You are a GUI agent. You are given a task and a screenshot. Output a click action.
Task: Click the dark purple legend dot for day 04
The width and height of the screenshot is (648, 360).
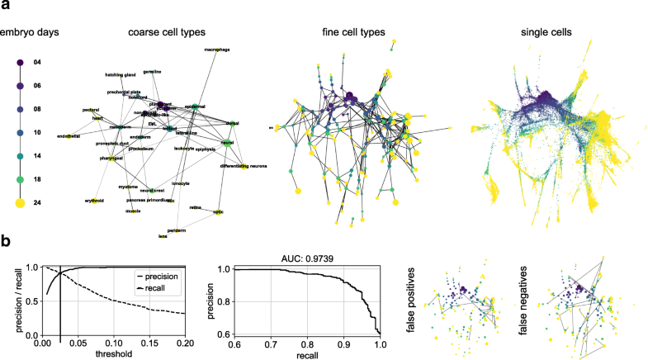point(20,63)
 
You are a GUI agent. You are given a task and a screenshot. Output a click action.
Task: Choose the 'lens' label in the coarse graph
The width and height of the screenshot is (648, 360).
point(163,236)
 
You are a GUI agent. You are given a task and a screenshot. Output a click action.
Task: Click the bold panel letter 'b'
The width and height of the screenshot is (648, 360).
point(6,244)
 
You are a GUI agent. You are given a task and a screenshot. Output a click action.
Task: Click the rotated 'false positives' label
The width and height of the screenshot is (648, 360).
point(414,298)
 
